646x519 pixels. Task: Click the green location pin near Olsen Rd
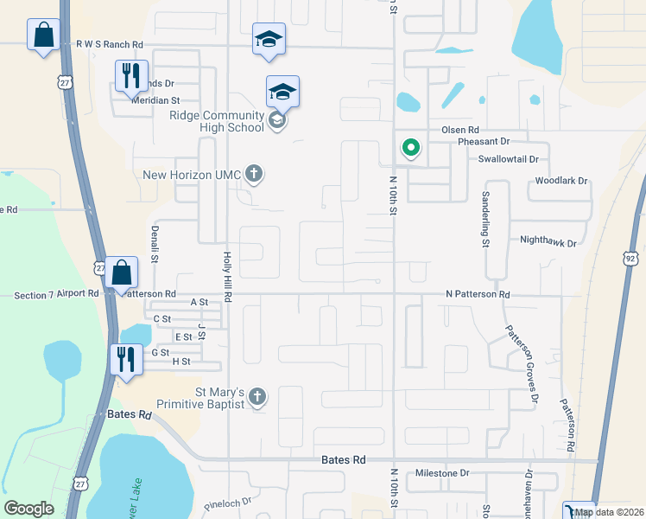[411, 148]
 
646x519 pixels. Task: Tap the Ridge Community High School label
[217, 122]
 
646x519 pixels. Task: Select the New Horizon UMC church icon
[253, 174]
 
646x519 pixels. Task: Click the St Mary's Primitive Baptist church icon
[256, 397]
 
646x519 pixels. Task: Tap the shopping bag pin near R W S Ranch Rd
[42, 35]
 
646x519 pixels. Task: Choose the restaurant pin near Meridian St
[131, 75]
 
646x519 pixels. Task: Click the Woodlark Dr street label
[560, 181]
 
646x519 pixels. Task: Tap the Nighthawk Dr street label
[548, 243]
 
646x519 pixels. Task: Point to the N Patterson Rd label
[478, 295]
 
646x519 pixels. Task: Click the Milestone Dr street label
[441, 473]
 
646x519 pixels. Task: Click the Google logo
[29, 509]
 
